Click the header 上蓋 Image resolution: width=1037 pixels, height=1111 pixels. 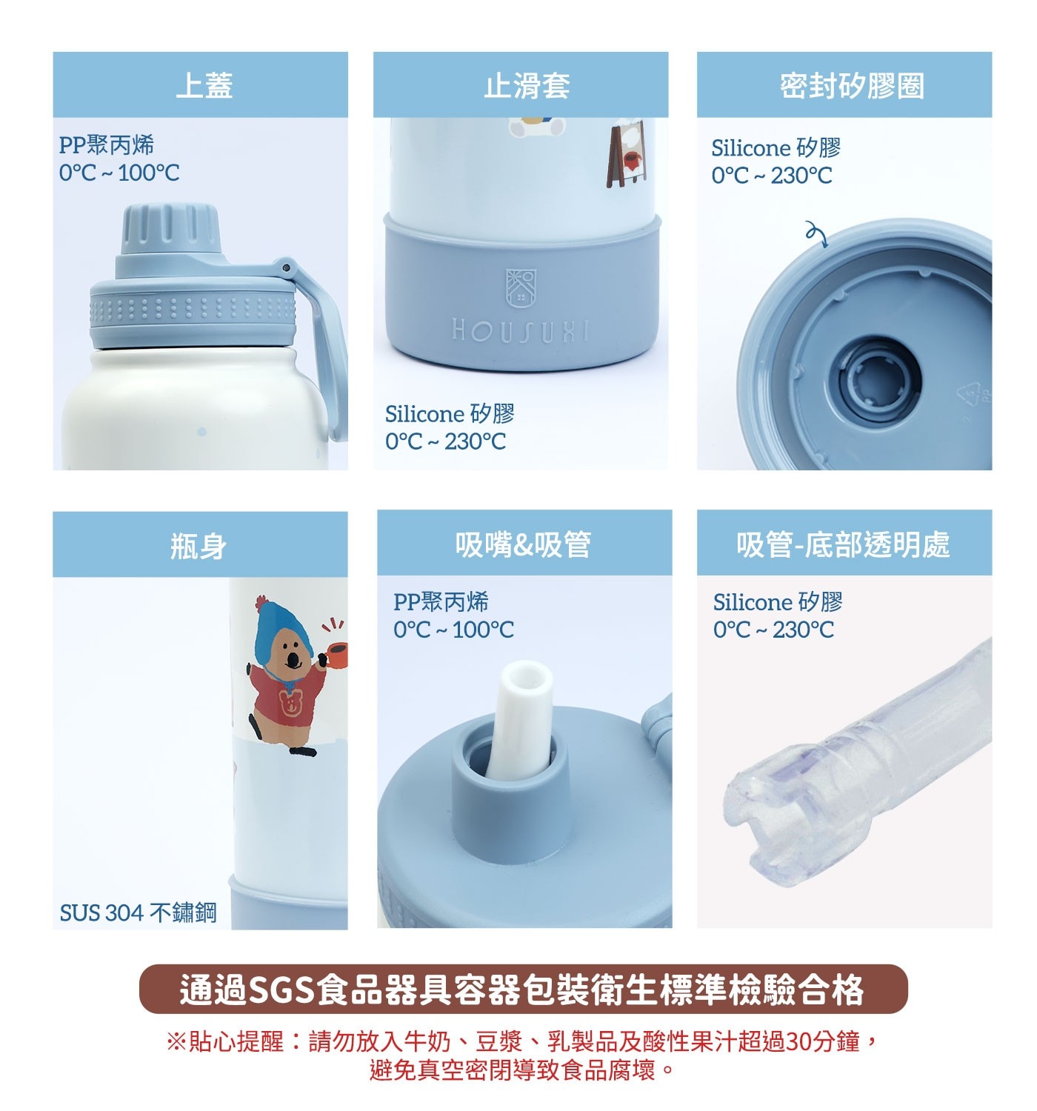click(204, 86)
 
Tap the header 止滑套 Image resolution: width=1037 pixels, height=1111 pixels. click(527, 86)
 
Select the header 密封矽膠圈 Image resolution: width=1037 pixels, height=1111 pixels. click(851, 86)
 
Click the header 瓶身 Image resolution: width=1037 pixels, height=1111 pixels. click(198, 546)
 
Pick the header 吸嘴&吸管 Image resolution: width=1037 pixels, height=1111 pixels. click(523, 544)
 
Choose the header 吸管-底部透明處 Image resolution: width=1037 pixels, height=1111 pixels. click(843, 544)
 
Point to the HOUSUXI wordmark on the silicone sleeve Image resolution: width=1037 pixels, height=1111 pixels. click(520, 330)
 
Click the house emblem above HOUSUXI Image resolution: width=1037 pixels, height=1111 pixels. click(521, 287)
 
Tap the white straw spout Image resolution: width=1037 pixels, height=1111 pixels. click(520, 719)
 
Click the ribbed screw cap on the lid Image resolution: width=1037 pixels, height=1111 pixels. click(170, 230)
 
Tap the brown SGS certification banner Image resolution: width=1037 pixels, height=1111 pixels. click(523, 989)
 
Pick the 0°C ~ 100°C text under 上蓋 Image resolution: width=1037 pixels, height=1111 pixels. click(119, 173)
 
